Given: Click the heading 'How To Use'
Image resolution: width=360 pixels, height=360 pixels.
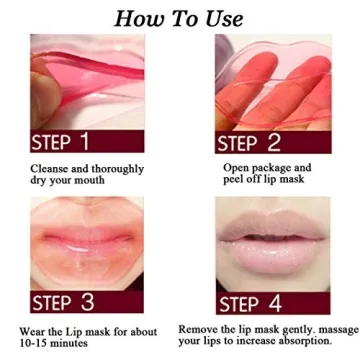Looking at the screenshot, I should click(180, 17).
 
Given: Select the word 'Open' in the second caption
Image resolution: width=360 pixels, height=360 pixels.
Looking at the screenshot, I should click(236, 167).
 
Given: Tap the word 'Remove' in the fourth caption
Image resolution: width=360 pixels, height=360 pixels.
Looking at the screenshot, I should click(204, 327).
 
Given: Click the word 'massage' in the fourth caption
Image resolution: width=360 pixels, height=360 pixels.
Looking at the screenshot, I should click(322, 327).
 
